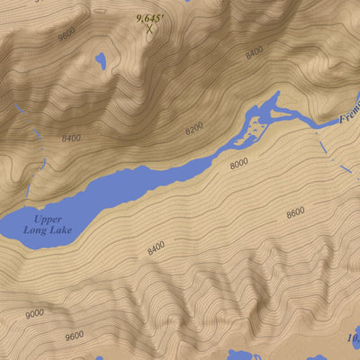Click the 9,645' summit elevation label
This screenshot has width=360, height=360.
point(149,17)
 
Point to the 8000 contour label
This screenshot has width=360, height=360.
point(238,164)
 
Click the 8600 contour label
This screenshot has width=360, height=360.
point(295,212)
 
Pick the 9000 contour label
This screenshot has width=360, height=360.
point(34,313)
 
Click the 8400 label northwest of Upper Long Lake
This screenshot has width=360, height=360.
point(71,138)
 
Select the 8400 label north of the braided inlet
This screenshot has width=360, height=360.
point(254,53)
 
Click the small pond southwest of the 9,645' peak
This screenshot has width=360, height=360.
point(100,61)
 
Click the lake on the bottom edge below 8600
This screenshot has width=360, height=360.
point(243,355)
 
